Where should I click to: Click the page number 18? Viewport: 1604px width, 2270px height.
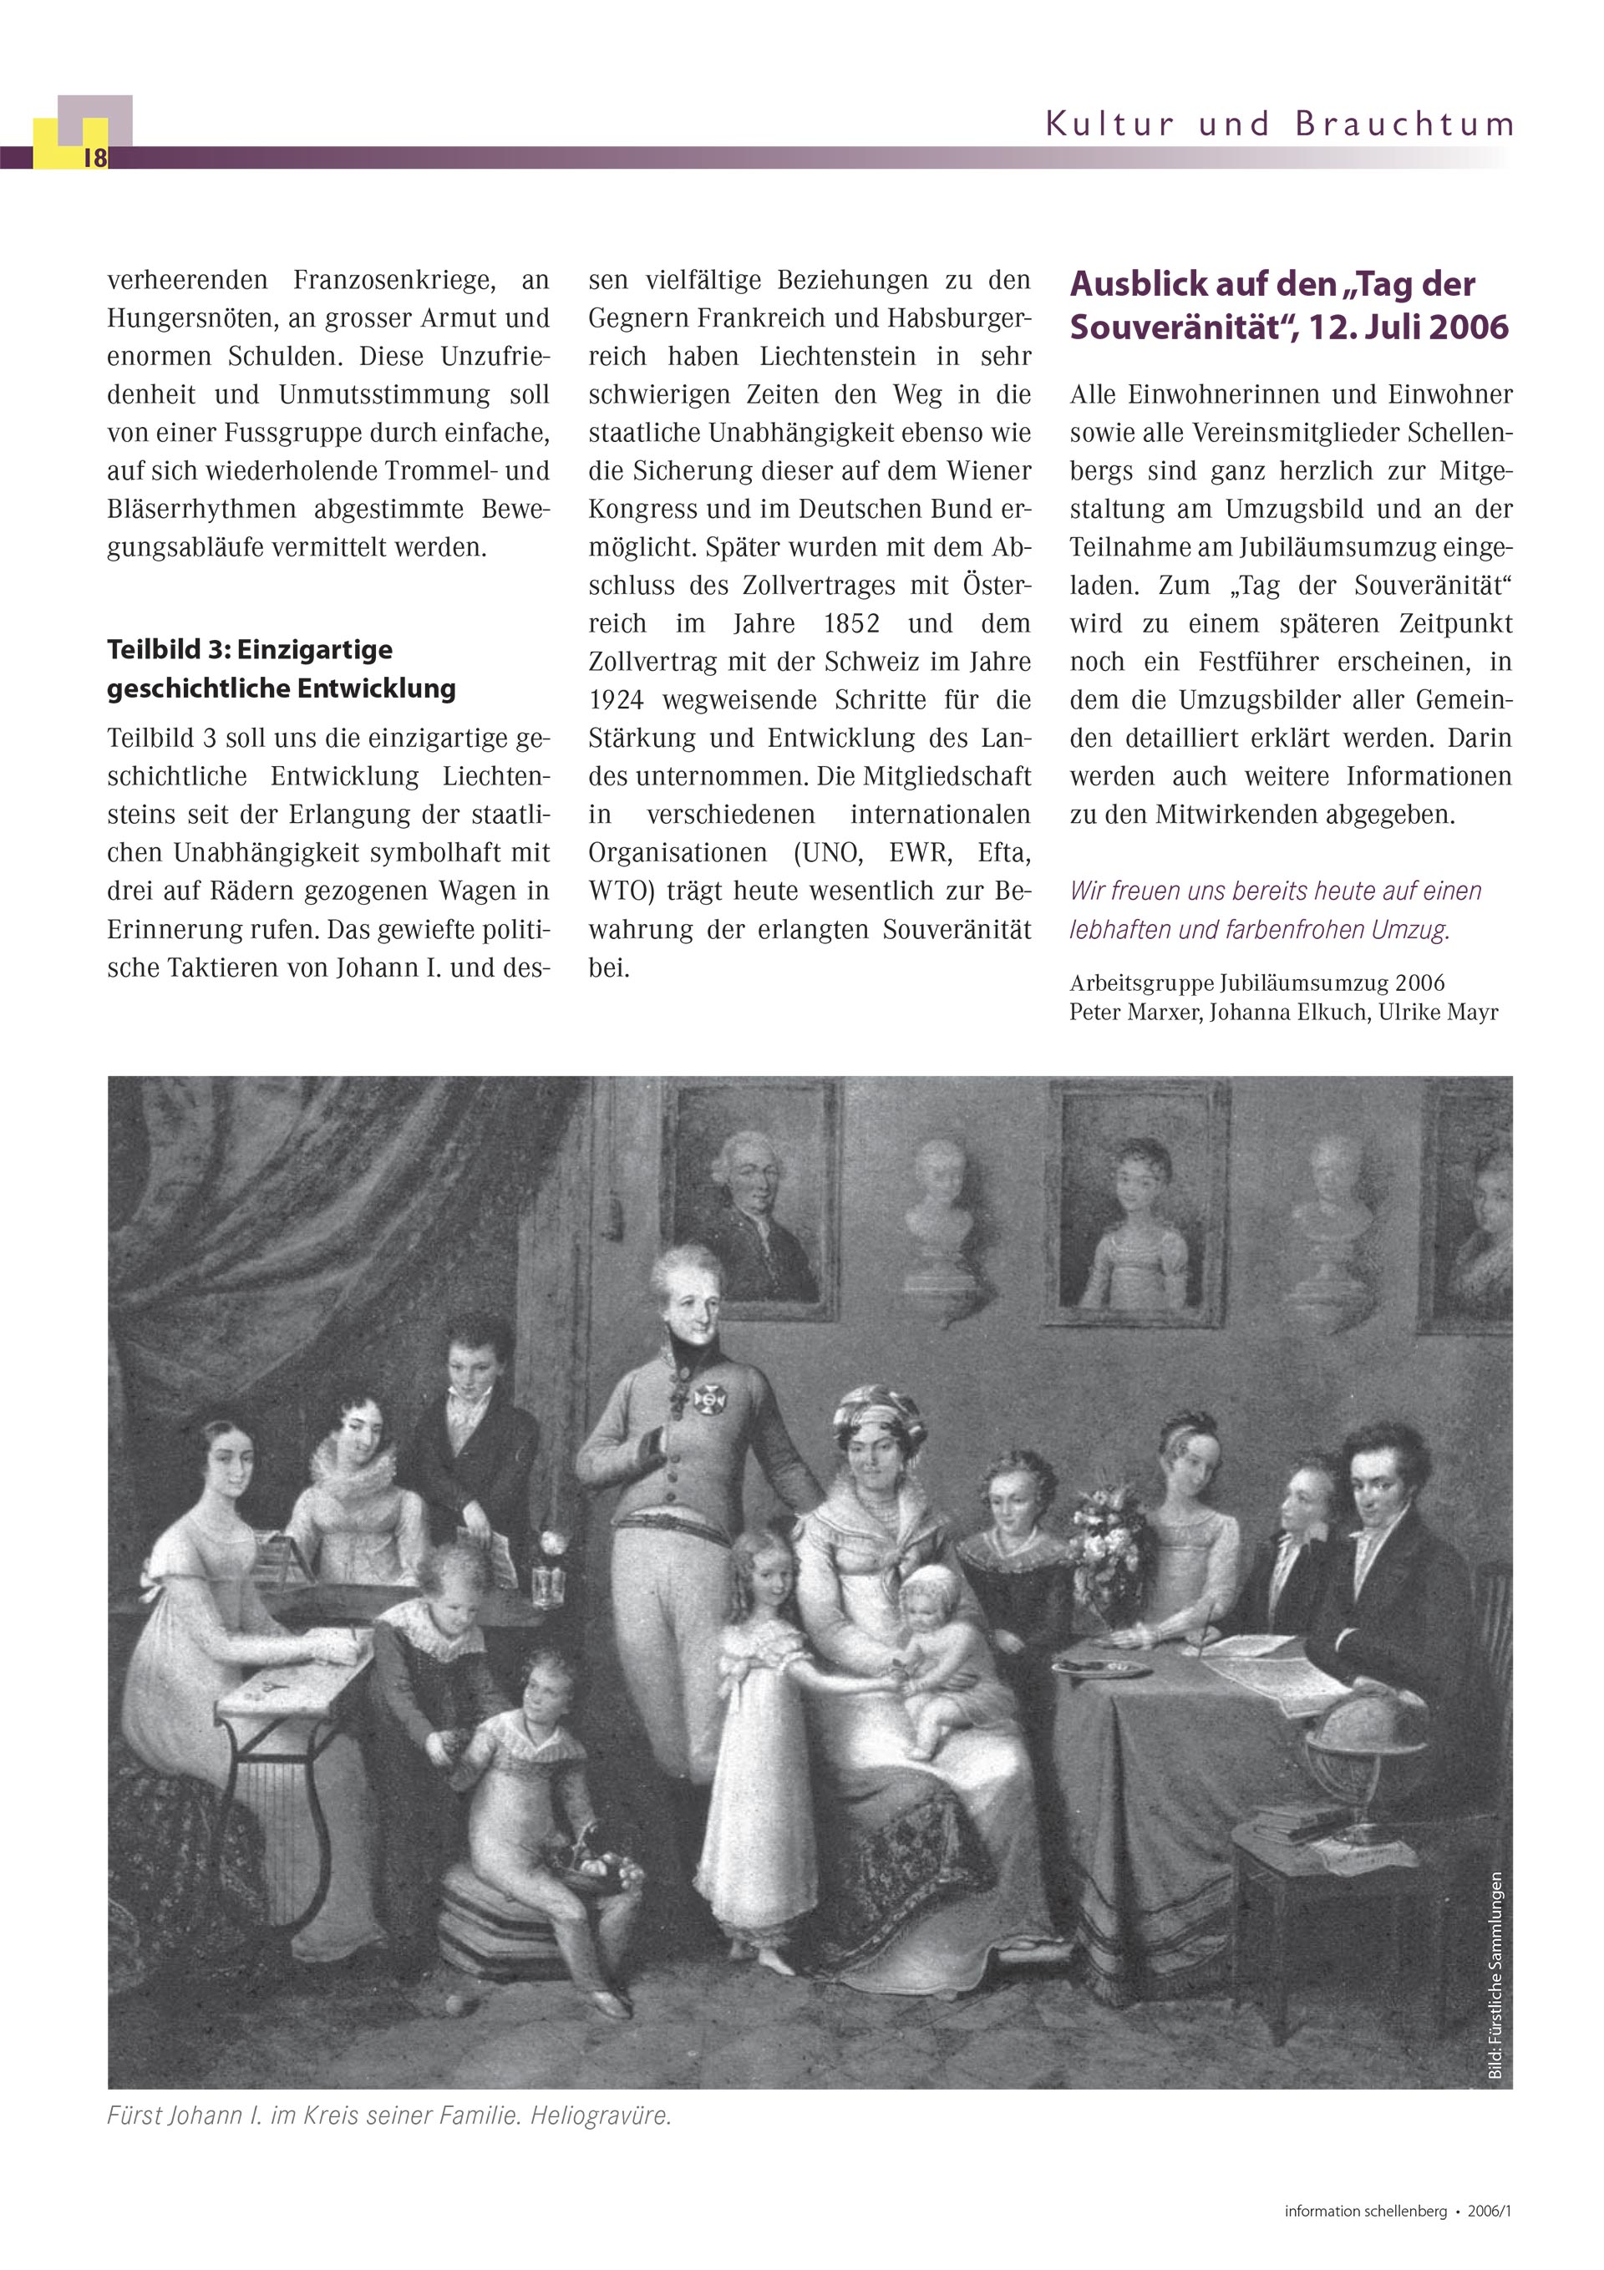click(95, 158)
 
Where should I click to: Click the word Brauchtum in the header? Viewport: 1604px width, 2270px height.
click(1403, 125)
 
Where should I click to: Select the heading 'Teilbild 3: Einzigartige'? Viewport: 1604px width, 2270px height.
click(249, 649)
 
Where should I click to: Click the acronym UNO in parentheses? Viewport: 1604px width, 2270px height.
click(830, 852)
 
